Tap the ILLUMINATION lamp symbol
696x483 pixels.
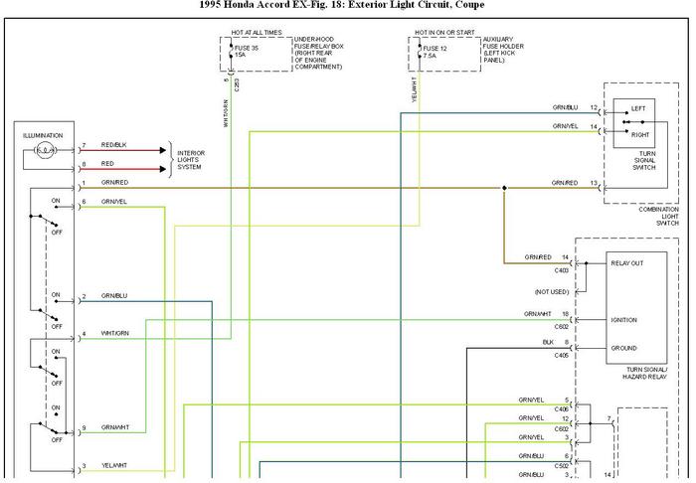44,152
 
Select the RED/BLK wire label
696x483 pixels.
114,145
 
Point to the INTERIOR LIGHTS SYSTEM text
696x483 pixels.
191,159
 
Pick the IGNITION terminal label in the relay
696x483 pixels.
623,320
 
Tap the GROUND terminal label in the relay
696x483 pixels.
623,348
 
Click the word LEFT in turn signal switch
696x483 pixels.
637,107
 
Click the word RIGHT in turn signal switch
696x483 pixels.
639,134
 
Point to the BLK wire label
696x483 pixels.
548,342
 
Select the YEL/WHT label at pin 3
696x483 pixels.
113,466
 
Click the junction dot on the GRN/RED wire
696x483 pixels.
504,188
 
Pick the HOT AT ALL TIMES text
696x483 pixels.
257,32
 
